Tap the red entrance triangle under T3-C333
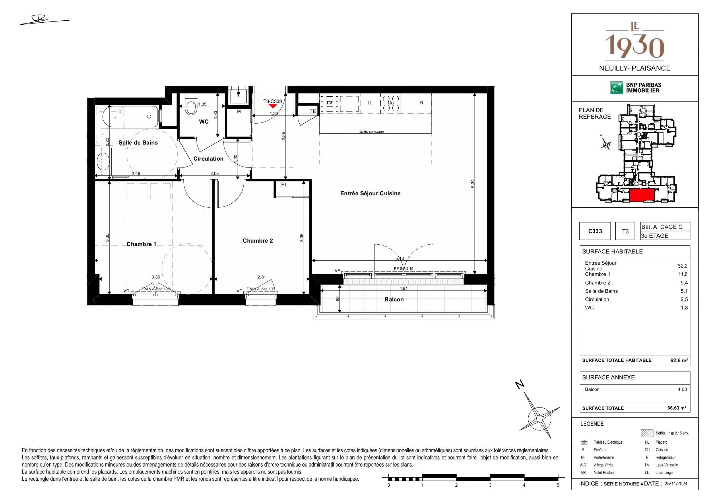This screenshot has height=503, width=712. pyautogui.click(x=273, y=106)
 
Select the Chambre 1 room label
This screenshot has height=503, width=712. pyautogui.click(x=141, y=244)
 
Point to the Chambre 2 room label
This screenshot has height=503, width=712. pyautogui.click(x=258, y=241)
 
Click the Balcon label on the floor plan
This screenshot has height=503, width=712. pyautogui.click(x=394, y=299)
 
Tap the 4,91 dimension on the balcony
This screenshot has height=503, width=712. pyautogui.click(x=403, y=288)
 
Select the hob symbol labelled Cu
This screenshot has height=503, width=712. pyautogui.click(x=391, y=103)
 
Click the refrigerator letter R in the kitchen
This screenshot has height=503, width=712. pyautogui.click(x=421, y=103)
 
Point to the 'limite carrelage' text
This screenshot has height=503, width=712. pyautogui.click(x=372, y=131)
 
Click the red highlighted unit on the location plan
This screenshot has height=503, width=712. pyautogui.click(x=642, y=195)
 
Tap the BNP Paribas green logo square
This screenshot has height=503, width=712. pyautogui.click(x=616, y=88)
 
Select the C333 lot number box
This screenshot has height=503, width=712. pyautogui.click(x=595, y=231)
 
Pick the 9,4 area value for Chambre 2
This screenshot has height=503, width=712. pyautogui.click(x=684, y=283)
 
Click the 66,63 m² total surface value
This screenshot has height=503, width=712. pyautogui.click(x=677, y=408)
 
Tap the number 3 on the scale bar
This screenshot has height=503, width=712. pyautogui.click(x=490, y=485)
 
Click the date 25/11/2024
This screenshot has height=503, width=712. pyautogui.click(x=676, y=483)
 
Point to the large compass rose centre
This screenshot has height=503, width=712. pyautogui.click(x=540, y=418)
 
